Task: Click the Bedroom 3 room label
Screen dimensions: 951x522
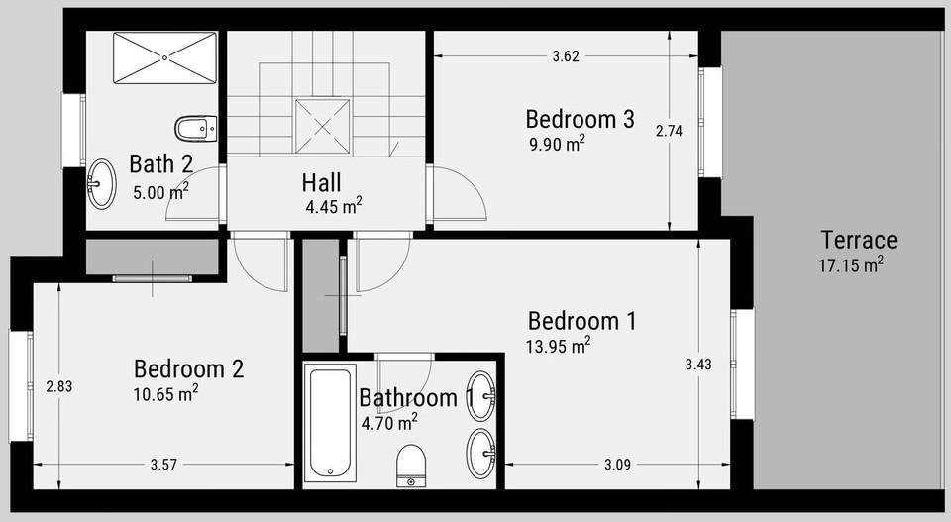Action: coord(580,119)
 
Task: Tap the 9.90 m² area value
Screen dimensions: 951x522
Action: coord(557,144)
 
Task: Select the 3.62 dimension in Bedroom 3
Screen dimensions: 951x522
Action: coord(566,56)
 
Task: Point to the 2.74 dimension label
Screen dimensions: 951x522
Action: coord(669,131)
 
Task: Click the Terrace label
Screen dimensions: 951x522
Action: coord(859,240)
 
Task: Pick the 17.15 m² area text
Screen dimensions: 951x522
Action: coord(851,264)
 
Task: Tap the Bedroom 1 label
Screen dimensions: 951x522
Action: coord(582,321)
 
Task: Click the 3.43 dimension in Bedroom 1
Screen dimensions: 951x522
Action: coord(698,365)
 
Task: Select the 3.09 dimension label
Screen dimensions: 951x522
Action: coord(617,465)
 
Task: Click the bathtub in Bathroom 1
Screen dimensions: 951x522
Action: coord(329,423)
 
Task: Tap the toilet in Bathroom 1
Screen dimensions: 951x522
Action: coord(411,466)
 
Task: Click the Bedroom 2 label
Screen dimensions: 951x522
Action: coord(188,368)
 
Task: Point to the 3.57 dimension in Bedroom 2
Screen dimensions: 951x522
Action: coord(163,465)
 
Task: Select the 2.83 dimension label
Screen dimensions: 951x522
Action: coord(58,386)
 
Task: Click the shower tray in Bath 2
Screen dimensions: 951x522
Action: coord(165,58)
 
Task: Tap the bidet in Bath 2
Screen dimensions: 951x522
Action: coord(195,129)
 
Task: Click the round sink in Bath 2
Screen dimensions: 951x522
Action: coord(101,183)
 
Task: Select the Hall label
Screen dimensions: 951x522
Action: coord(321,182)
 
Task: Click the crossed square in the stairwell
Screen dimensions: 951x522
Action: coord(323,126)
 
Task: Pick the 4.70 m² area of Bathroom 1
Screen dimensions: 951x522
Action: coord(389,422)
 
